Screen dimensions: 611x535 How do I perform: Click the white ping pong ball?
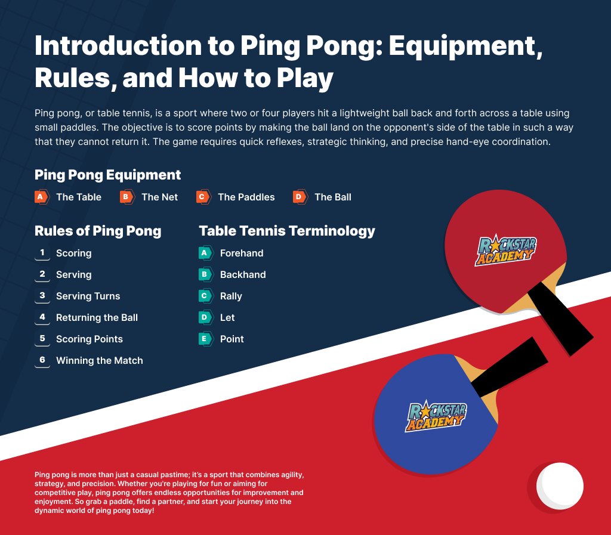point(560,486)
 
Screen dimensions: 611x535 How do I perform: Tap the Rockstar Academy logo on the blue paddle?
point(436,416)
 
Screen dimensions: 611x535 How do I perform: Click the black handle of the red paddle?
point(561,318)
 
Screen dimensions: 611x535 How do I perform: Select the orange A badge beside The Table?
point(42,197)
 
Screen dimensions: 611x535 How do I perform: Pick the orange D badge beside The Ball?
point(300,197)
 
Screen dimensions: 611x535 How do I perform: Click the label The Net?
point(160,197)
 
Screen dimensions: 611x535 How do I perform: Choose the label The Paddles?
point(246,197)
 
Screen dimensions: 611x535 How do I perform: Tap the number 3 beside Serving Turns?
point(42,296)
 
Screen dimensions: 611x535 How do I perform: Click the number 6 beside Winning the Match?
point(42,360)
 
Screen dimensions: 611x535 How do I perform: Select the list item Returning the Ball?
point(97,318)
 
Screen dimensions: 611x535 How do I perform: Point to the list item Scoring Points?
point(90,339)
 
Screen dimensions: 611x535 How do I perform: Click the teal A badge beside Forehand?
point(205,253)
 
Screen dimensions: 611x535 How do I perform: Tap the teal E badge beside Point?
point(205,339)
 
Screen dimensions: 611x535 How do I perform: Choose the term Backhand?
point(243,274)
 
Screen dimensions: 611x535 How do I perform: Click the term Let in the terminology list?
point(227,318)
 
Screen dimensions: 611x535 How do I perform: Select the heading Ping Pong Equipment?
point(107,175)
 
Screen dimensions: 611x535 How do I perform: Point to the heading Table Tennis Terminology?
point(287,231)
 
